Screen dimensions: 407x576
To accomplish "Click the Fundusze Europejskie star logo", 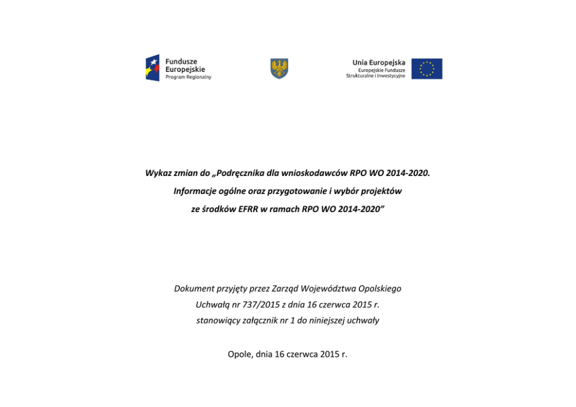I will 152,68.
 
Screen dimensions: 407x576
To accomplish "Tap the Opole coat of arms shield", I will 279,69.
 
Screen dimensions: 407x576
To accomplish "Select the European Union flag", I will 427,69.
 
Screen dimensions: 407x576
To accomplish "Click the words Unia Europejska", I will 379,62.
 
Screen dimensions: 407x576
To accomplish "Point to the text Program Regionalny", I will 188,77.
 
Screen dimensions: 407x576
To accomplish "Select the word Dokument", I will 194,289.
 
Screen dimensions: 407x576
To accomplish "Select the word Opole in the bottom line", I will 240,352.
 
